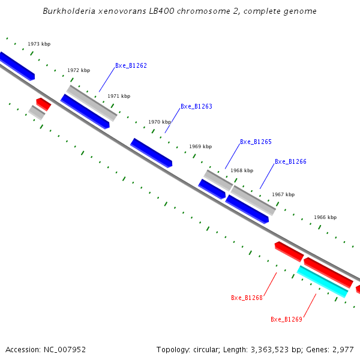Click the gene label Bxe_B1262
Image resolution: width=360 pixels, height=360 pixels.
tap(131, 66)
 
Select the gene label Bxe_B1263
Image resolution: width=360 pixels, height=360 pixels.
tap(196, 107)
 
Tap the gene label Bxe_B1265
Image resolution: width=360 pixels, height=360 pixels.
tap(256, 142)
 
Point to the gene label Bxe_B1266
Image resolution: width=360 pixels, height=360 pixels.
tap(290, 162)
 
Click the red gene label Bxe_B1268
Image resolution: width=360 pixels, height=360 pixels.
tap(247, 298)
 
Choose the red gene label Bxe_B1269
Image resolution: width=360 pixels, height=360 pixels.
tap(286, 319)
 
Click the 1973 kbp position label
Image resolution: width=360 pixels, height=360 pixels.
tap(39, 44)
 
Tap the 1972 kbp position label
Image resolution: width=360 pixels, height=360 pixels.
tap(79, 71)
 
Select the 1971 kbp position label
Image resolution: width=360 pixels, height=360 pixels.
tap(119, 97)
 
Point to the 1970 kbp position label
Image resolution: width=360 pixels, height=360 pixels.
tap(160, 122)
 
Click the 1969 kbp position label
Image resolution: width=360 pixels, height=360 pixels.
tap(200, 147)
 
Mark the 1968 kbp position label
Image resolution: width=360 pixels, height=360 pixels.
tap(242, 171)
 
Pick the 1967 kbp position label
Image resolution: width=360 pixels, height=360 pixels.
tap(283, 195)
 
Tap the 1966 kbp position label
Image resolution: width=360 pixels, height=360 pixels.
tap(325, 218)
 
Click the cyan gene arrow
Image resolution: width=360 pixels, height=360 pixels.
tap(322, 281)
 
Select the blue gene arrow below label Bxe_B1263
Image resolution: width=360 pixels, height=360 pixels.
tap(151, 152)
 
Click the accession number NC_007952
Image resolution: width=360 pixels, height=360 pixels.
tap(62, 349)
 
